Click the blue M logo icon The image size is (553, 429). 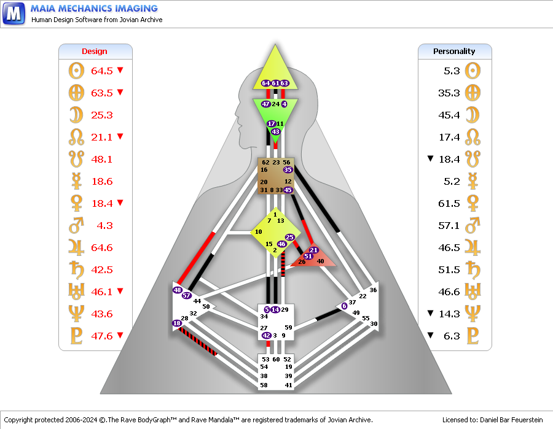click(14, 13)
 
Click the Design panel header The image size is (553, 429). click(95, 52)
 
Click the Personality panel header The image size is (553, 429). click(454, 52)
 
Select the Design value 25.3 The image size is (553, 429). click(102, 115)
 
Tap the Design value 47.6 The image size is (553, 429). click(102, 336)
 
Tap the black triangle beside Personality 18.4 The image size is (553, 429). click(431, 159)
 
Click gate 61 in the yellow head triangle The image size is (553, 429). click(275, 83)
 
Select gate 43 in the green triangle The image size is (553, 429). click(275, 132)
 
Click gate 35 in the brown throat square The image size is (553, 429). click(288, 169)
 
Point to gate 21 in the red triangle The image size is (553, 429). click(313, 250)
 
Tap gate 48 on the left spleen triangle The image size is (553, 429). click(178, 290)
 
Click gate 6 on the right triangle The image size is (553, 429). click(344, 306)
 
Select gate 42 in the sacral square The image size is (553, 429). click(266, 336)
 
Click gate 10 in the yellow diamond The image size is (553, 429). click(259, 231)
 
